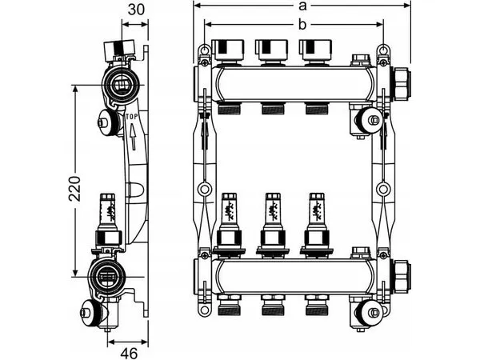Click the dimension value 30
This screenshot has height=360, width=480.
click(136, 10)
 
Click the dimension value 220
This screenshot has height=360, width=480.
click(74, 189)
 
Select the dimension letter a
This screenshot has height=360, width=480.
click(302, 6)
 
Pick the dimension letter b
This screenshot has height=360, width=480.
click(302, 24)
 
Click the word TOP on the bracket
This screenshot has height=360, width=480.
click(132, 116)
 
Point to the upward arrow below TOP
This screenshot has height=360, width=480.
click(133, 137)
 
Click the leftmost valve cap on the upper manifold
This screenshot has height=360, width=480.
click(228, 50)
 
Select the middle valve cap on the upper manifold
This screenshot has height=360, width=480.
click(272, 50)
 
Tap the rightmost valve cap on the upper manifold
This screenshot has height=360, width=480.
click(316, 50)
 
